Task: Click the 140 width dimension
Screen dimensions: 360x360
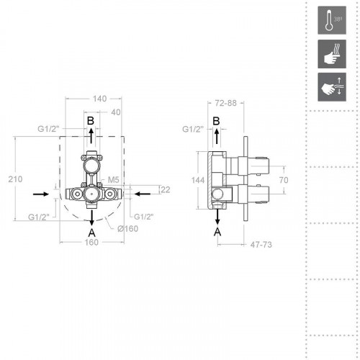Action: click(99, 99)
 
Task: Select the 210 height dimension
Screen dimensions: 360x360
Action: click(15, 179)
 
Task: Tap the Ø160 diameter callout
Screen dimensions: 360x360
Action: click(128, 229)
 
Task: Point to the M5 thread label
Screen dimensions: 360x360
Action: click(114, 179)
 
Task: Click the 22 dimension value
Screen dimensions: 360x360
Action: click(165, 190)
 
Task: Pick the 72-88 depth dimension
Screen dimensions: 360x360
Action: click(226, 103)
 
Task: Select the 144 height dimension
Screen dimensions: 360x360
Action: click(198, 180)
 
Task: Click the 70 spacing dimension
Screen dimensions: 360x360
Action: click(284, 180)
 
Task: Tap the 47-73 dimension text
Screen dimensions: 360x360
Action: click(261, 245)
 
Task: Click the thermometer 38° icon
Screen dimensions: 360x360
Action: click(332, 20)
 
